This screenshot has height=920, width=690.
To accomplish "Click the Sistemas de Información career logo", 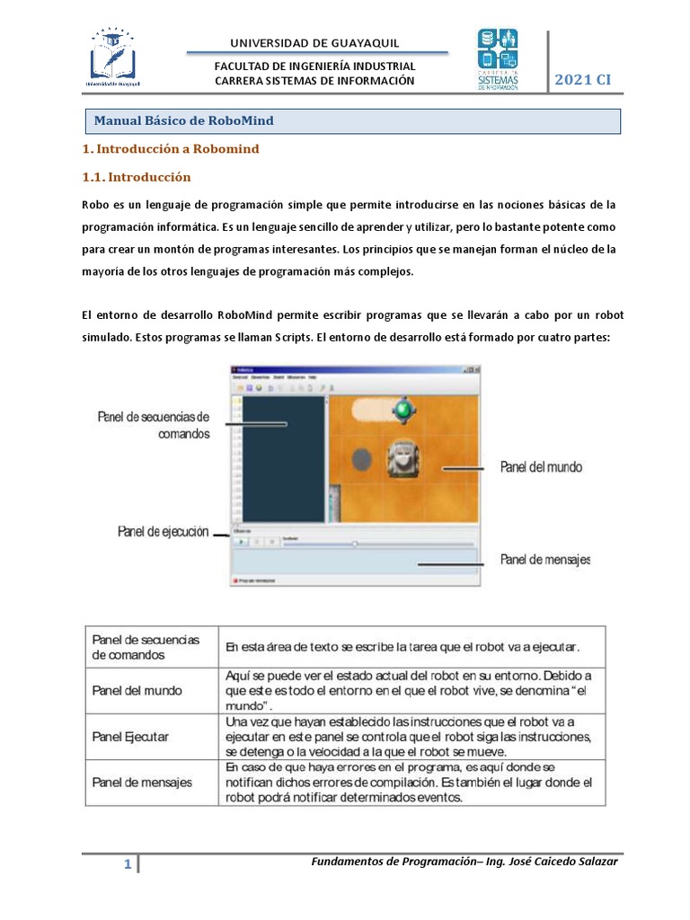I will click(497, 60).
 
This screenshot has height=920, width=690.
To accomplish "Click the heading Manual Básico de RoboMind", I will click(184, 120).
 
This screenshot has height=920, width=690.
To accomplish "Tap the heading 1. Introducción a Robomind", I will click(171, 149).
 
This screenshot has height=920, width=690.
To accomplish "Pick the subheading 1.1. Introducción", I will click(137, 177).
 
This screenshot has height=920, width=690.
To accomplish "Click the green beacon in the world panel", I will click(404, 410).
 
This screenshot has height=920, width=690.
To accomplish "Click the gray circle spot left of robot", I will click(360, 460).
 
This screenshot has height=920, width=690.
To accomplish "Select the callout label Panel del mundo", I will click(541, 467).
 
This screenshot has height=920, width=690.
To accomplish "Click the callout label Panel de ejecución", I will click(163, 532).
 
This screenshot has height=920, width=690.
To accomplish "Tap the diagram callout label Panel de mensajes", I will click(544, 560).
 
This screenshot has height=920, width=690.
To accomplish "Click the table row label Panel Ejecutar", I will click(130, 737).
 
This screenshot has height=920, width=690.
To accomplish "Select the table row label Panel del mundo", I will click(137, 691).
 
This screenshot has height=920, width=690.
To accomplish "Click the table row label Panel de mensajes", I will click(142, 783).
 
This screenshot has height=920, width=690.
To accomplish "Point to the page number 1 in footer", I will click(128, 865).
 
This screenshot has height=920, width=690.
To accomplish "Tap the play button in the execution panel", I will click(242, 542).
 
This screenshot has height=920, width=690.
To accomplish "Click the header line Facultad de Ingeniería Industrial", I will click(314, 66).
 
